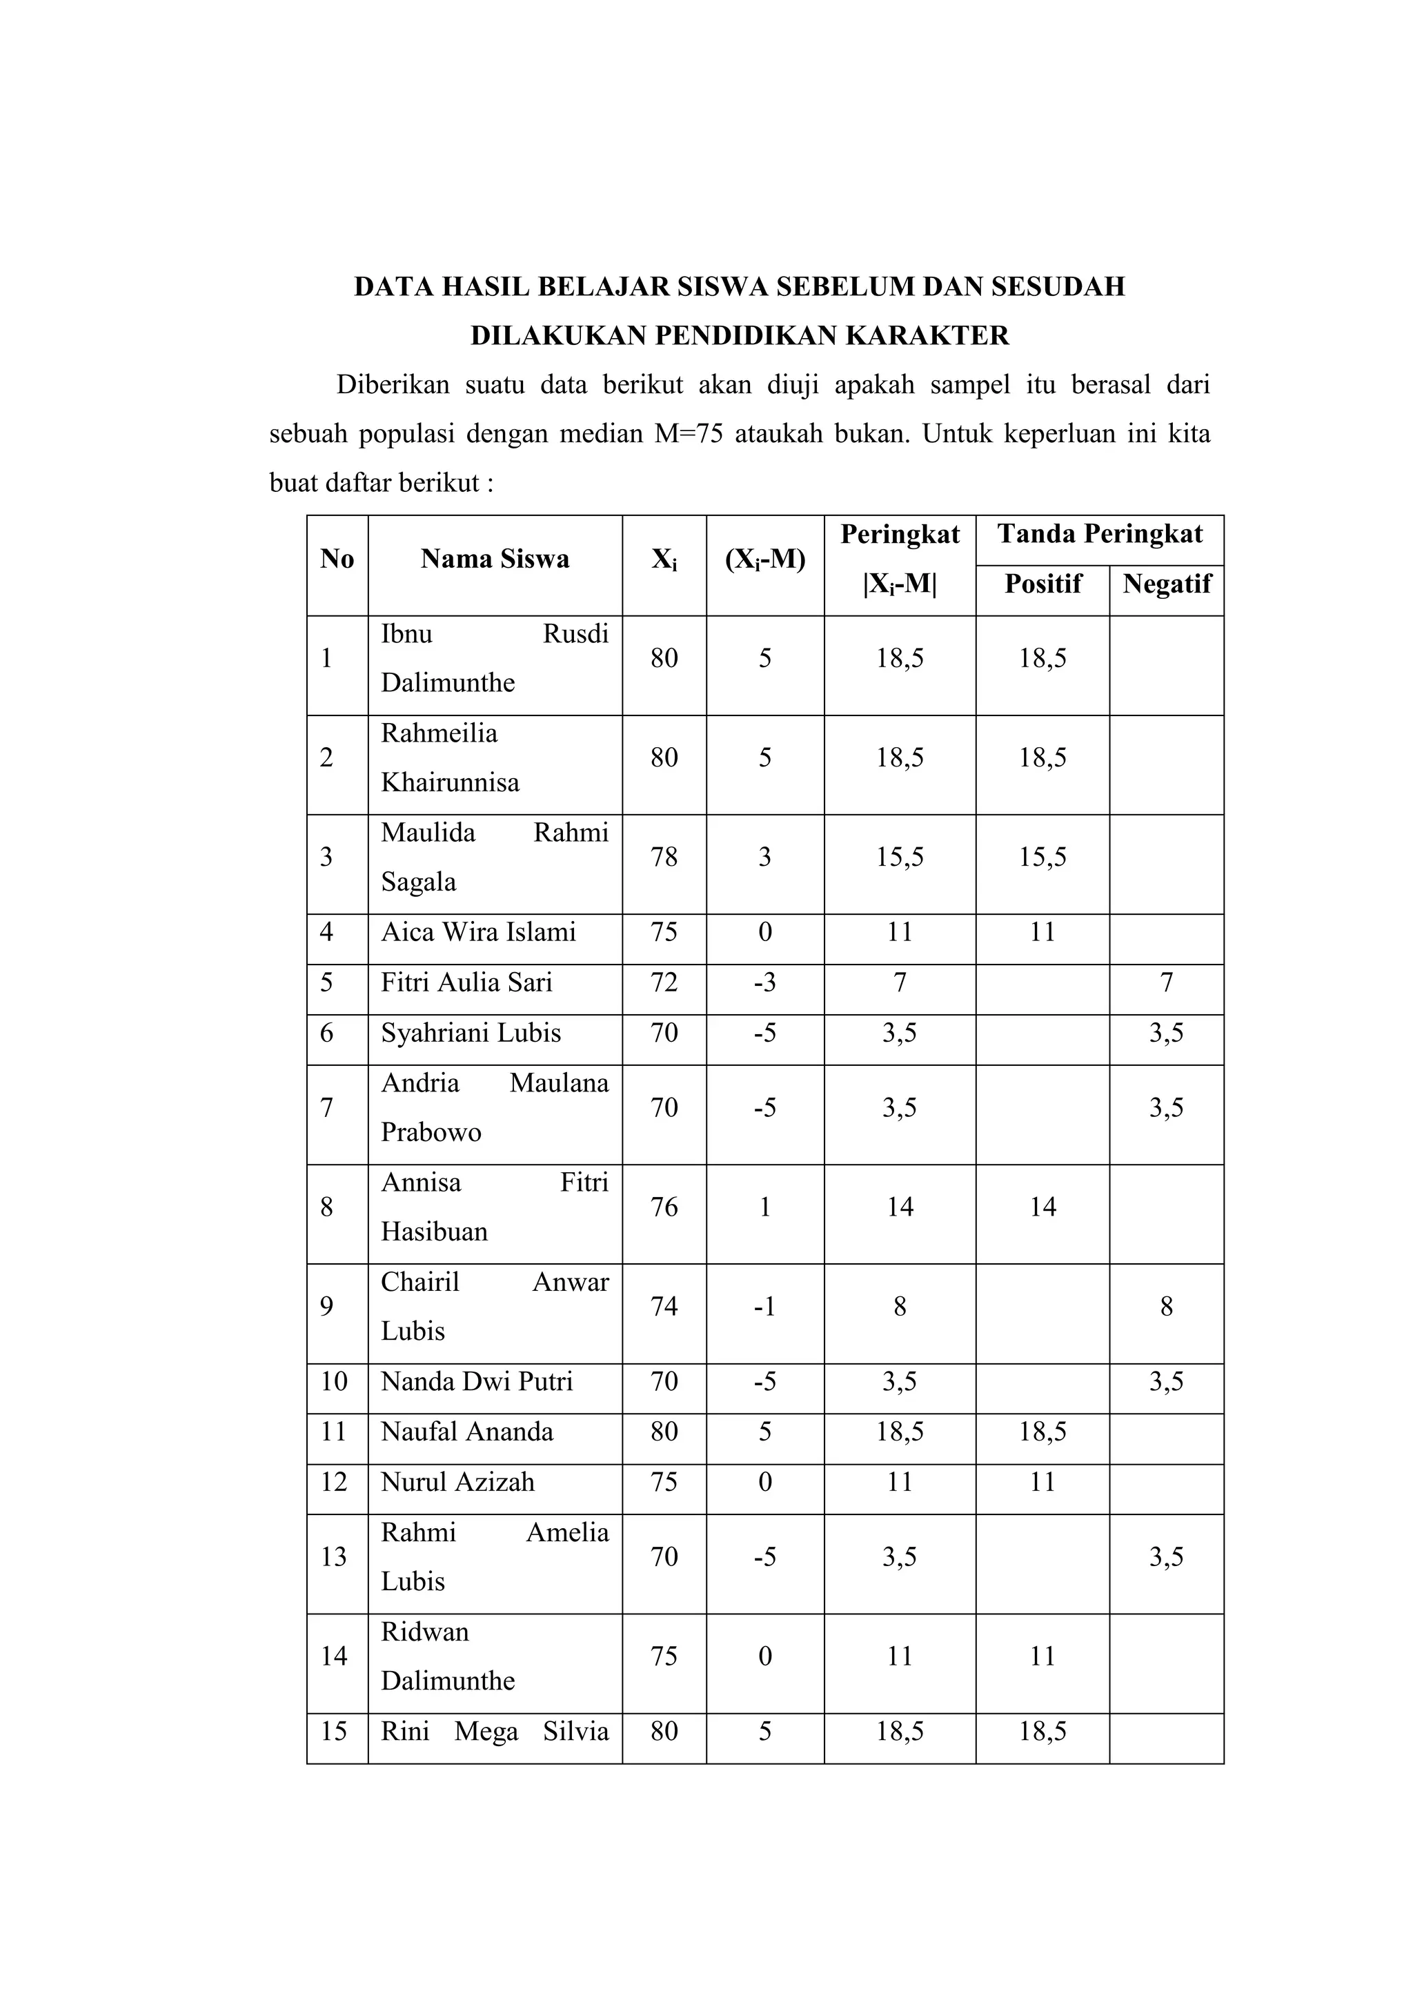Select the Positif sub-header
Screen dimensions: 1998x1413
pyautogui.click(x=1043, y=584)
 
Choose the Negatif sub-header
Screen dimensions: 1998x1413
pyautogui.click(x=1166, y=584)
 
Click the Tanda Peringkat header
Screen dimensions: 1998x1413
pyautogui.click(x=1099, y=534)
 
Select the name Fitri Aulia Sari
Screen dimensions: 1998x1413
pyautogui.click(x=466, y=983)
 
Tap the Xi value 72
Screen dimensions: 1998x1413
pyautogui.click(x=664, y=983)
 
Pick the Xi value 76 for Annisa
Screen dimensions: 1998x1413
pyautogui.click(x=664, y=1207)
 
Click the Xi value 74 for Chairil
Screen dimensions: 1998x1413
pyautogui.click(x=664, y=1306)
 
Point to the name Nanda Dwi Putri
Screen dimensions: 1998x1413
pyautogui.click(x=477, y=1382)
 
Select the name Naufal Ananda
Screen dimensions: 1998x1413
pyautogui.click(x=466, y=1432)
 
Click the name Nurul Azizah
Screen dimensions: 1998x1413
pyautogui.click(x=457, y=1483)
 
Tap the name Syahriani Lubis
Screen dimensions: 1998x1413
pyautogui.click(x=471, y=1033)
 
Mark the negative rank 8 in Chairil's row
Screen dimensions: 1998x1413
pyautogui.click(x=1166, y=1306)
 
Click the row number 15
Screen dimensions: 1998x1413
pyautogui.click(x=334, y=1732)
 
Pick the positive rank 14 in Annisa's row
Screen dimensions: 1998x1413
pyautogui.click(x=1043, y=1207)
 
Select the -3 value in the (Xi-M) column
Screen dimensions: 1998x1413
pyautogui.click(x=764, y=983)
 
